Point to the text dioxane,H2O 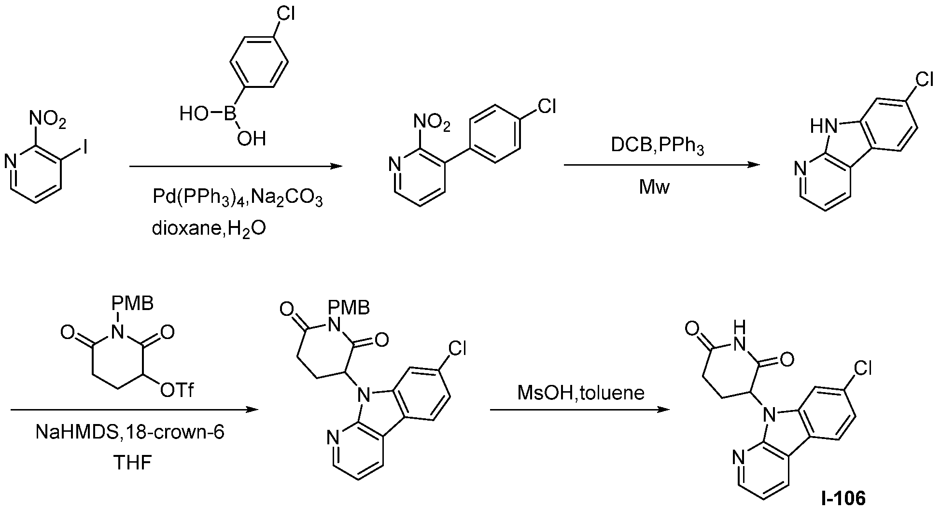coord(209,228)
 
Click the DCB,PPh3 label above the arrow coord(658,146)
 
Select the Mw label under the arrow coord(655,186)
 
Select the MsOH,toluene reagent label coord(581,393)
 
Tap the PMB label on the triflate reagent coord(132,304)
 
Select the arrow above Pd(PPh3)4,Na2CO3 coord(236,167)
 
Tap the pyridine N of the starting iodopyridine coord(10,161)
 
